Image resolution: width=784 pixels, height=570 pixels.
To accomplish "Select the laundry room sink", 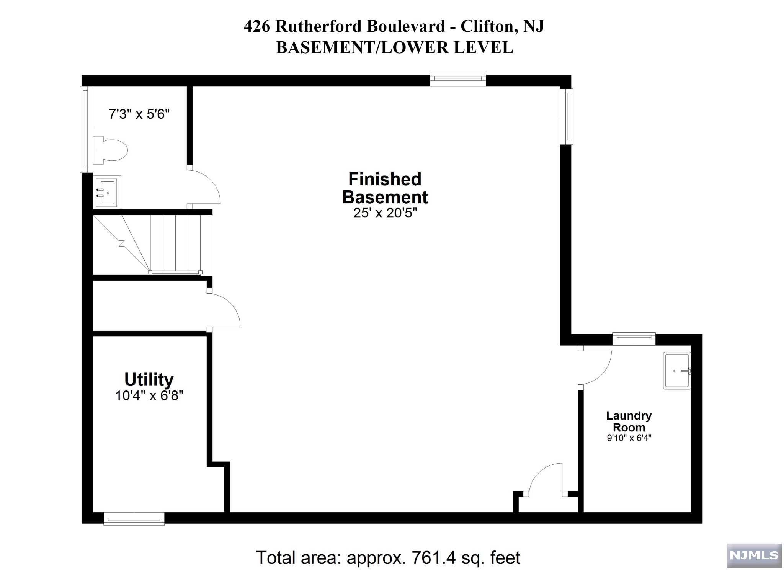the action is pyautogui.click(x=677, y=371).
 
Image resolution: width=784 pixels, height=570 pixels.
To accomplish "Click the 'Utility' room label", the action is pyautogui.click(x=149, y=379).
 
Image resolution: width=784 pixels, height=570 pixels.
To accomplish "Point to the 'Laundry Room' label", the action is pyautogui.click(x=629, y=421).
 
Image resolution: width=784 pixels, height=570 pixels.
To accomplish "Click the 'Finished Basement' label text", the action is pyautogui.click(x=385, y=188).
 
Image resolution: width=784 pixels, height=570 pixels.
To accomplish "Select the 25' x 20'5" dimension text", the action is pyautogui.click(x=385, y=213).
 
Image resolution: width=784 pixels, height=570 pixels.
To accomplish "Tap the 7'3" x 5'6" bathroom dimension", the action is pyautogui.click(x=139, y=114).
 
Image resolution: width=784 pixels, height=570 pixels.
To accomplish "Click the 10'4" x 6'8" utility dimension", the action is pyautogui.click(x=149, y=395).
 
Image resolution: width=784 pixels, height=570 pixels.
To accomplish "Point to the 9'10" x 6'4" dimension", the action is pyautogui.click(x=629, y=438).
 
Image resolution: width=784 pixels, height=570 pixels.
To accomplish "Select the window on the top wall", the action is pyautogui.click(x=458, y=79).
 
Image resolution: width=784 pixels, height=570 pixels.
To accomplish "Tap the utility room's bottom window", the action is pyautogui.click(x=134, y=519).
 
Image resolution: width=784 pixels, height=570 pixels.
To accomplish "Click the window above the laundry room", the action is pyautogui.click(x=634, y=339).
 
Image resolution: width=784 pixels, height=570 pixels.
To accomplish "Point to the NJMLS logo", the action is pyautogui.click(x=754, y=555).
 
